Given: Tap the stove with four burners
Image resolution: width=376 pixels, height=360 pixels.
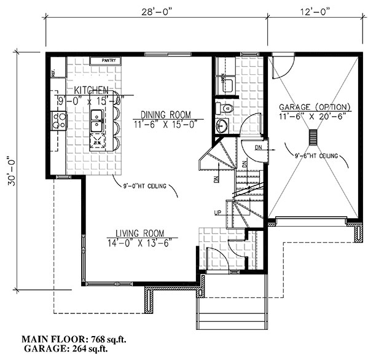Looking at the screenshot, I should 59,120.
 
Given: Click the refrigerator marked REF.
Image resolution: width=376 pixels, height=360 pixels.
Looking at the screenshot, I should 54,72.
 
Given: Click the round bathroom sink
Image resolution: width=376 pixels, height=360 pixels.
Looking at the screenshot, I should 222,126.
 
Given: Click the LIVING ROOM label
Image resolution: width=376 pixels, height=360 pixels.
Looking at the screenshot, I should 140,233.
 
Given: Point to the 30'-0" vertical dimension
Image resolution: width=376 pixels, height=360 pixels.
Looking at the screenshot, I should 9,176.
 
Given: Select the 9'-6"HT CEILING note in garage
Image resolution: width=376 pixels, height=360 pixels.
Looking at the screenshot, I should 316,157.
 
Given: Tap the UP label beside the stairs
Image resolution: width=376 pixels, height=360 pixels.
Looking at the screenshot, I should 216,213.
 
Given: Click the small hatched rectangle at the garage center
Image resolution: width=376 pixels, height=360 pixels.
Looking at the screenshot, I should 313,136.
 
